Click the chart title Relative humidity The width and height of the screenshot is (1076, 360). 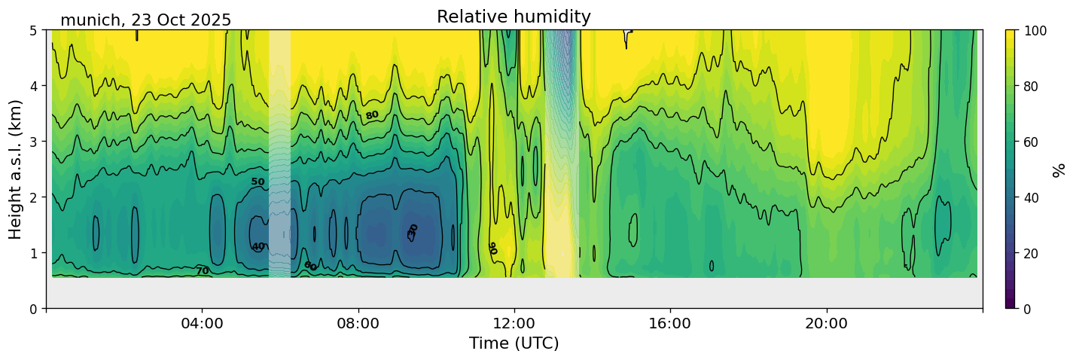click(514, 17)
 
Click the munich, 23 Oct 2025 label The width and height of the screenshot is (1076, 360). click(145, 20)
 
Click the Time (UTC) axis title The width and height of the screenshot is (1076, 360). click(514, 343)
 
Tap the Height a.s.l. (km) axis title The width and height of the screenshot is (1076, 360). click(16, 169)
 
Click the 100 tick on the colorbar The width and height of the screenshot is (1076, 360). click(1036, 31)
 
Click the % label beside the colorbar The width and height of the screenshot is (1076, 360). click(1059, 169)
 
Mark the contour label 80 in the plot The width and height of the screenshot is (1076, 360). click(371, 115)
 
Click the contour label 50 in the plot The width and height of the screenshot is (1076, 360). click(258, 182)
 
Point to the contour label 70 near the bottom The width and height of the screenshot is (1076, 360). click(203, 271)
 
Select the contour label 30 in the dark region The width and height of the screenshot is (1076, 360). click(413, 230)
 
